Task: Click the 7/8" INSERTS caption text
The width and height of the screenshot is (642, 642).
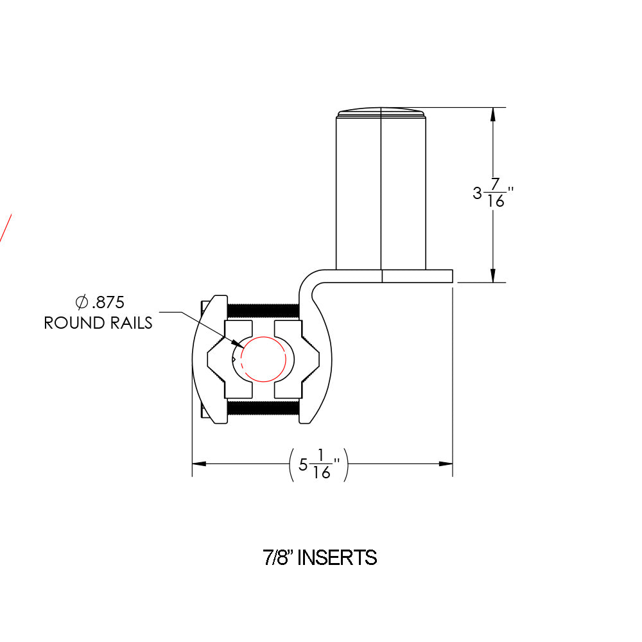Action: pyautogui.click(x=320, y=557)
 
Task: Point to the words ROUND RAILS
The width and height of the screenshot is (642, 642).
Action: pyautogui.click(x=98, y=322)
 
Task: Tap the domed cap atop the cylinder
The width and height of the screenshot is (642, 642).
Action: pyautogui.click(x=381, y=113)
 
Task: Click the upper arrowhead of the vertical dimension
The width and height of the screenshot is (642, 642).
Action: pyautogui.click(x=492, y=114)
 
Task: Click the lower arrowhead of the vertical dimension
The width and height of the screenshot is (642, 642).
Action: pyautogui.click(x=492, y=275)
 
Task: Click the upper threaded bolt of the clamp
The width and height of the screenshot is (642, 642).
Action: pyautogui.click(x=263, y=310)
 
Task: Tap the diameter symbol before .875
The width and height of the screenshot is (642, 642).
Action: pyautogui.click(x=81, y=302)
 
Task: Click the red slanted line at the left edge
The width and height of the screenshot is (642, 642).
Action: pyautogui.click(x=6, y=228)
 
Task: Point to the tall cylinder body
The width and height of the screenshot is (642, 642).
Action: pyautogui.click(x=381, y=193)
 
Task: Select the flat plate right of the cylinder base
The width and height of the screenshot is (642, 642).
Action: pyautogui.click(x=417, y=276)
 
